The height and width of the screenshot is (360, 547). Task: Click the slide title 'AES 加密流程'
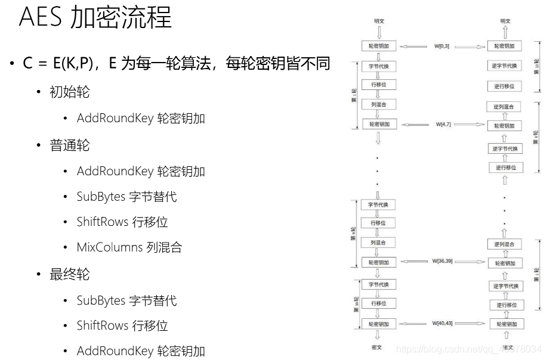click(x=95, y=18)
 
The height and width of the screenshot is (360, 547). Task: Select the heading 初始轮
click(x=70, y=92)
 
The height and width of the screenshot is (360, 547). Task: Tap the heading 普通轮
click(x=70, y=145)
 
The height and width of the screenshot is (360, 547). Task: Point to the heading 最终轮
click(x=70, y=274)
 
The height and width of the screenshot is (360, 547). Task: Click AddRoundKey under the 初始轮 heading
click(x=115, y=119)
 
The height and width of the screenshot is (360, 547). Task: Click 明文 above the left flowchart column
click(x=379, y=21)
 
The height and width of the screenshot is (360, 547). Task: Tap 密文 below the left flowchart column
click(x=378, y=347)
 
